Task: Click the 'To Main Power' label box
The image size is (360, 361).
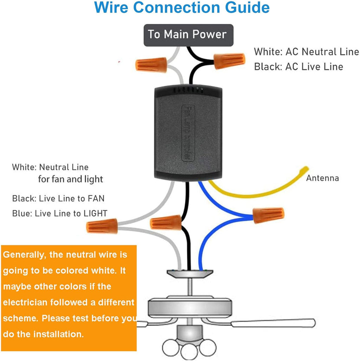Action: point(188,35)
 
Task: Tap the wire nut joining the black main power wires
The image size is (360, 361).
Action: point(229,61)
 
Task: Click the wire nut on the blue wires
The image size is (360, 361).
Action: point(268,215)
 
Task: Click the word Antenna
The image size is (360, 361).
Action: point(322,178)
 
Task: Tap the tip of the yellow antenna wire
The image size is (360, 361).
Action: point(307,169)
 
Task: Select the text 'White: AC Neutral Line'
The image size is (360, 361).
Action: point(306,52)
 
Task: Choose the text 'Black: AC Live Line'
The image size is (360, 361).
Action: point(298,66)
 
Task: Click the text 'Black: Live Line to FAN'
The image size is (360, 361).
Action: point(58,199)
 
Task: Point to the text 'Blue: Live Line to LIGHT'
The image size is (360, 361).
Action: point(60,213)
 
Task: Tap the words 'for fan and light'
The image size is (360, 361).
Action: point(70,180)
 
